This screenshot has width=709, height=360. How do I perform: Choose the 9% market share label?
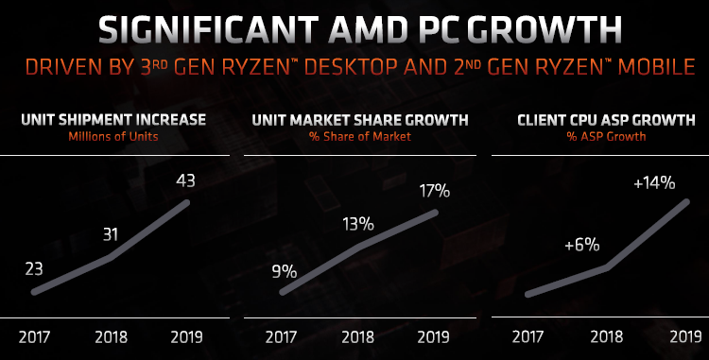point(284,271)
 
